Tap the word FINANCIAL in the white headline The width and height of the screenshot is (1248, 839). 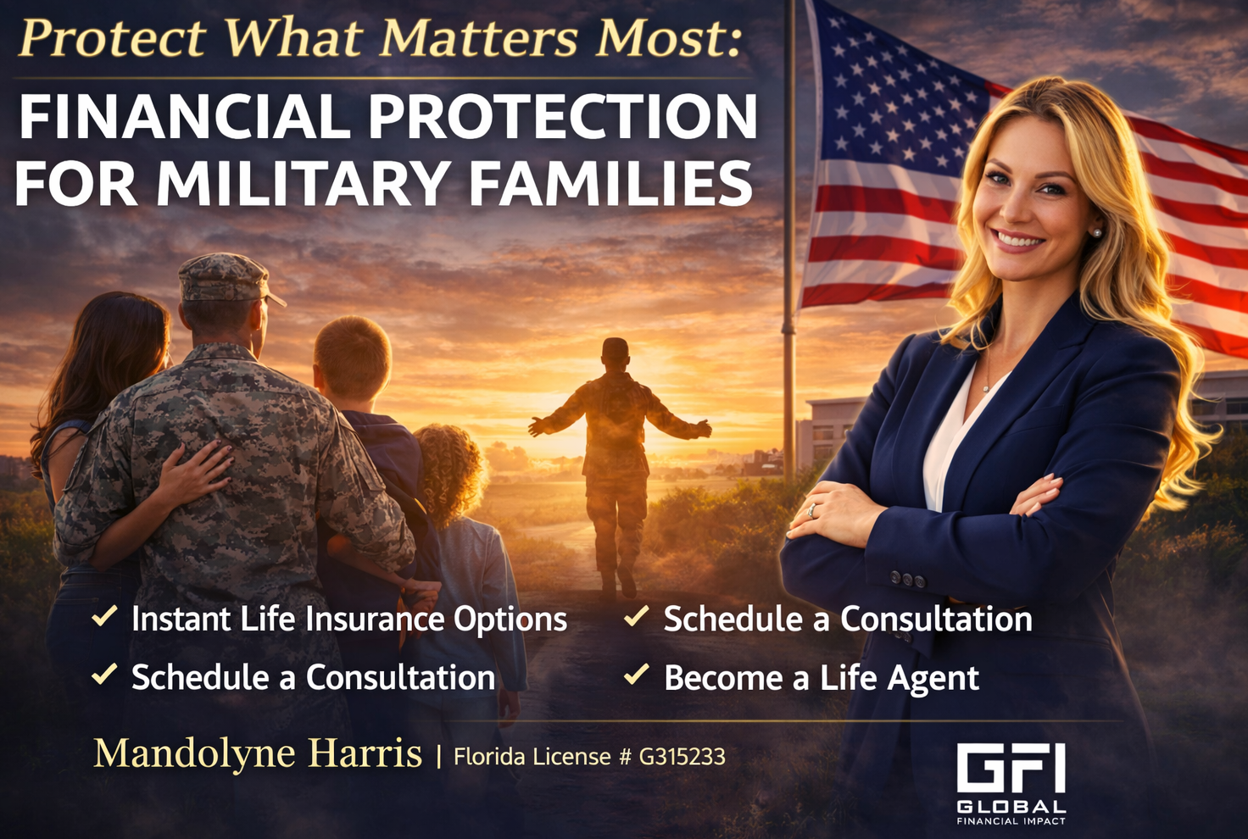[x=185, y=116]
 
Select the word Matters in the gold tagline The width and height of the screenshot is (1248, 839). [x=478, y=39]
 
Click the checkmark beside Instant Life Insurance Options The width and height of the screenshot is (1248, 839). [x=104, y=616]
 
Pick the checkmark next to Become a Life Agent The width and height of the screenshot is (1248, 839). [x=636, y=675]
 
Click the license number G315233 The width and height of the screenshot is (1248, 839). [x=682, y=757]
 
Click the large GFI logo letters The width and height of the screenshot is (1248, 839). [x=1011, y=769]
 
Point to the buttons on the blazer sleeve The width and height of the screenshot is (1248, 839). [x=906, y=579]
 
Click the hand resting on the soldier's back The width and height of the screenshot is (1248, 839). [x=198, y=471]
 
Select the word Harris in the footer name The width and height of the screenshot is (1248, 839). [x=365, y=753]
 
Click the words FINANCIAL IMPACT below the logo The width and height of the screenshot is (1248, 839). [x=1011, y=821]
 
